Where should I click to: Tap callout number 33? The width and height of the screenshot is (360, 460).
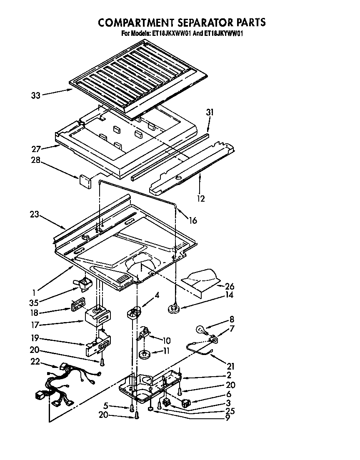click(35, 95)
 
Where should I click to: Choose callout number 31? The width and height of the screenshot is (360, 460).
click(209, 112)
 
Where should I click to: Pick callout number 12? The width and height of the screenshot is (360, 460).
click(201, 199)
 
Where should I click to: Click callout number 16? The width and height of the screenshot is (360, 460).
click(192, 220)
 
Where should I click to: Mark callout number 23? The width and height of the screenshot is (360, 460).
click(35, 215)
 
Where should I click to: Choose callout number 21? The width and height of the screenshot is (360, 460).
click(230, 367)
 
